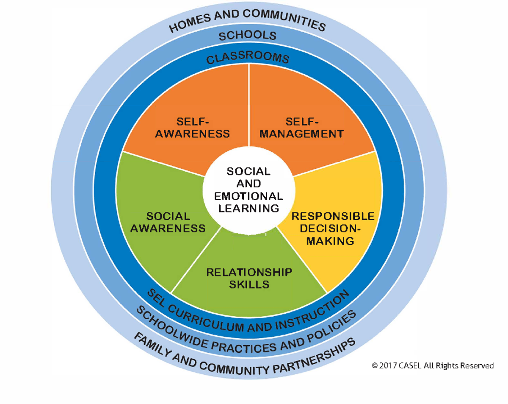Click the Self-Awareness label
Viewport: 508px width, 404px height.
tap(193, 128)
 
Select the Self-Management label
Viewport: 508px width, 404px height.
tap(301, 128)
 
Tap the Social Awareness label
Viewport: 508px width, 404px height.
tap(168, 222)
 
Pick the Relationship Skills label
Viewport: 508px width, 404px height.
tap(249, 278)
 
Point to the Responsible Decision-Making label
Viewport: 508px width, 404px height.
tap(333, 228)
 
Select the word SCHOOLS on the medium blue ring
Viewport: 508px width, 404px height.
tap(247, 36)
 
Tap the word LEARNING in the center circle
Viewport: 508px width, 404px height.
tap(248, 208)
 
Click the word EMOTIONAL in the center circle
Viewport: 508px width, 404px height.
tap(248, 196)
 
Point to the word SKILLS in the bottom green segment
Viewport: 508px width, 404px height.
tap(249, 284)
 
